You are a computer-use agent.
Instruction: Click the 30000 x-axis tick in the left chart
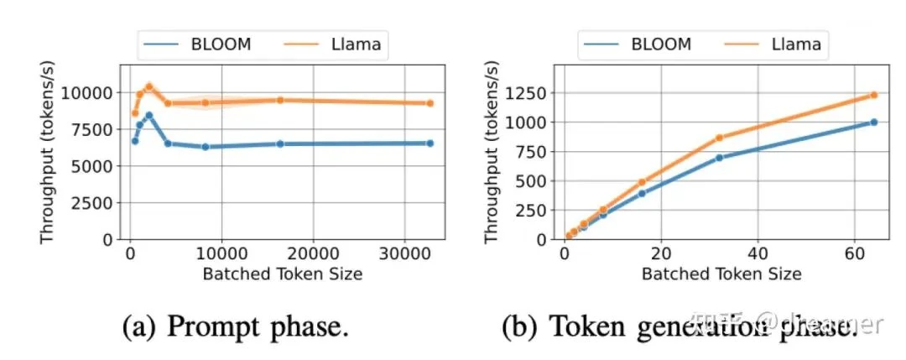[405, 253]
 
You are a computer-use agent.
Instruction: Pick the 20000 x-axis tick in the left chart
[313, 253]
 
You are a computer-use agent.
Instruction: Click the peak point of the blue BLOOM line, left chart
[148, 115]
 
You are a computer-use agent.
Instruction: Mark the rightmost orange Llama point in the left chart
[430, 103]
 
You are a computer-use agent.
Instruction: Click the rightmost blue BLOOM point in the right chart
[873, 122]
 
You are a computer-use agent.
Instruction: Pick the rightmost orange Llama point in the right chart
[873, 95]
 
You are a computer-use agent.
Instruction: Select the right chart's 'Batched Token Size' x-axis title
[721, 274]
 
